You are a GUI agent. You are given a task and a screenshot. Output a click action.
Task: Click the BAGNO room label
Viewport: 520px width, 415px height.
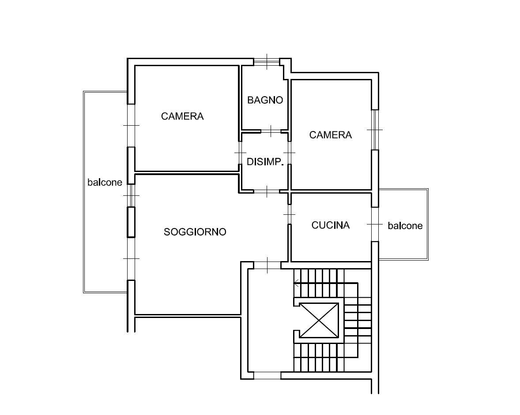(265, 100)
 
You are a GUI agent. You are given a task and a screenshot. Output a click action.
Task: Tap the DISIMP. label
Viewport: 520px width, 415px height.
(265, 161)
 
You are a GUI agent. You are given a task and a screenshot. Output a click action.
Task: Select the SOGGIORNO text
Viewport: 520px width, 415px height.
(195, 232)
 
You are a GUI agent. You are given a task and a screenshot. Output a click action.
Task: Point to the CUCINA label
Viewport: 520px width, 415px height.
(331, 225)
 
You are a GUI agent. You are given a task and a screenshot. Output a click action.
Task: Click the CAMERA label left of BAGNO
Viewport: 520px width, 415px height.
(182, 116)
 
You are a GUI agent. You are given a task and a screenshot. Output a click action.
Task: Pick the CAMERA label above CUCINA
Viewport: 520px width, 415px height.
(331, 135)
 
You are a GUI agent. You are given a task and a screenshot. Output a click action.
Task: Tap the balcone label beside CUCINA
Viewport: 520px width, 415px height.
(405, 226)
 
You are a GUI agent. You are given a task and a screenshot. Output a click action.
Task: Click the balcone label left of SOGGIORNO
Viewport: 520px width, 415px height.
(105, 182)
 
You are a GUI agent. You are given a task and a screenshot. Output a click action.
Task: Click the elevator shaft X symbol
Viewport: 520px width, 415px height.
(319, 320)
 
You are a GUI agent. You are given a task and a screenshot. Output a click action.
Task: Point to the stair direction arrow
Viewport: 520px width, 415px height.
(297, 283)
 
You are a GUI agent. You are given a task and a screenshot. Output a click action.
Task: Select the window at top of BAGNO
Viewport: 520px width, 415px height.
(267, 62)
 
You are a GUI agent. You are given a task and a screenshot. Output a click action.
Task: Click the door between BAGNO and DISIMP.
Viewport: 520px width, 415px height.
(271, 131)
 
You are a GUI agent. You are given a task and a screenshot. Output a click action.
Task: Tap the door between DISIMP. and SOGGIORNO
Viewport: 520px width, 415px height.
(267, 191)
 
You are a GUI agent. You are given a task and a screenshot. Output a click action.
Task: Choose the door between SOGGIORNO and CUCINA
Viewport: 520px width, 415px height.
(289, 214)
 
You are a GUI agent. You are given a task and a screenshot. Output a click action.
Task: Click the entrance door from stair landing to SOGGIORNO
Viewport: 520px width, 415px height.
(268, 265)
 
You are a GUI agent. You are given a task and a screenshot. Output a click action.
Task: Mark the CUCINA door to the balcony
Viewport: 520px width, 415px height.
(375, 224)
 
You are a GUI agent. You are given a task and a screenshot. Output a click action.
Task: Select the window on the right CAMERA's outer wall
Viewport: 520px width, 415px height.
(375, 130)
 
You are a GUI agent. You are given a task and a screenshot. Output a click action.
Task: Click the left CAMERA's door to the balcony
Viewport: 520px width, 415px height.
(132, 126)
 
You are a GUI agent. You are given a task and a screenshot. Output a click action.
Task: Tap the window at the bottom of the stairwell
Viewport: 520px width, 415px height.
(268, 376)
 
